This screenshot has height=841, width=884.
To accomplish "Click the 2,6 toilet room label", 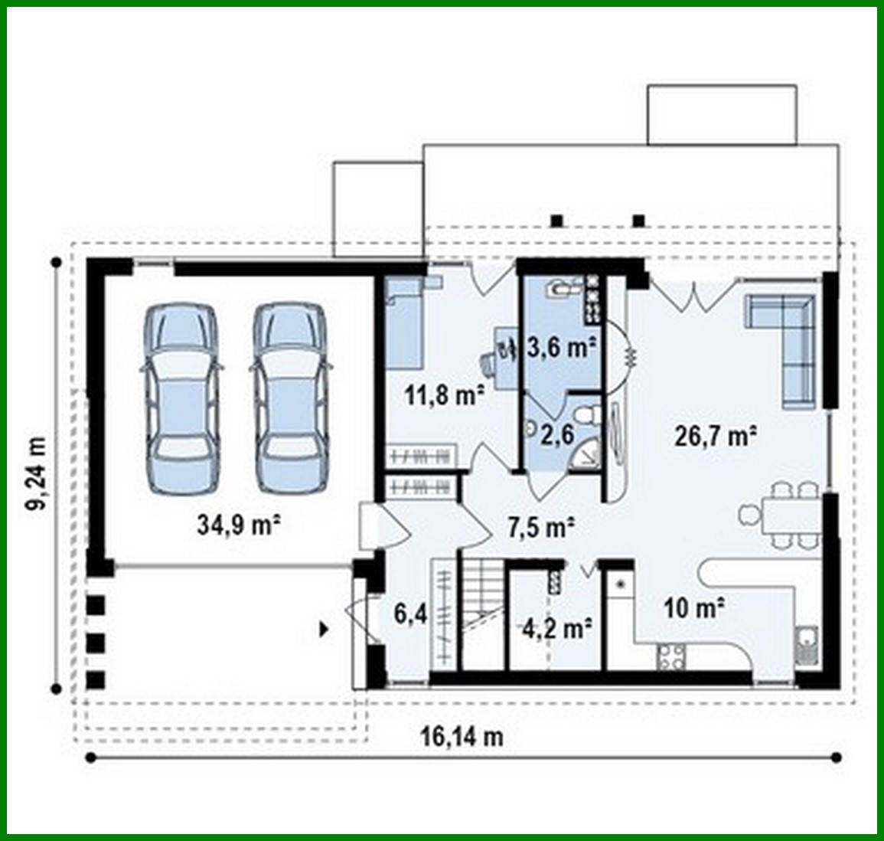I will (x=557, y=434).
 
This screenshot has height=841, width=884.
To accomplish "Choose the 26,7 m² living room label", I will (x=716, y=436).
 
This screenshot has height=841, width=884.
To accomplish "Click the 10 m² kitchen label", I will (x=694, y=608).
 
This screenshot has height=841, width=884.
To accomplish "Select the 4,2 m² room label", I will (x=557, y=629).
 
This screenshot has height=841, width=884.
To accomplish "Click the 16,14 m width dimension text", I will (x=462, y=737).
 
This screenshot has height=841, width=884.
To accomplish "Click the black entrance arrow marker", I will (x=325, y=630).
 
